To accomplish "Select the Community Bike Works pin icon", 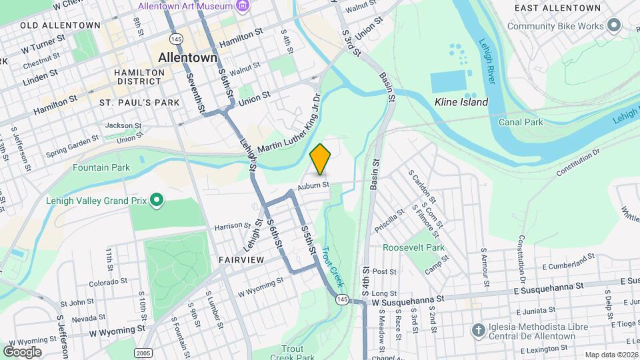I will point(614,26).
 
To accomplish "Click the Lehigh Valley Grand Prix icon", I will point(157,200).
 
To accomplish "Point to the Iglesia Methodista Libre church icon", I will point(478,330).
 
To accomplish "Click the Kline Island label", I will point(461,102).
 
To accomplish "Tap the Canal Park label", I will point(521,122).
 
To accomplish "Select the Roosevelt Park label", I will point(413,247).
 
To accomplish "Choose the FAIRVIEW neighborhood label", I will point(240,259).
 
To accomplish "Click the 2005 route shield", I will point(143,351).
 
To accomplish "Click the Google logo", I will point(22,351).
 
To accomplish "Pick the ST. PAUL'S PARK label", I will point(139,103).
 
